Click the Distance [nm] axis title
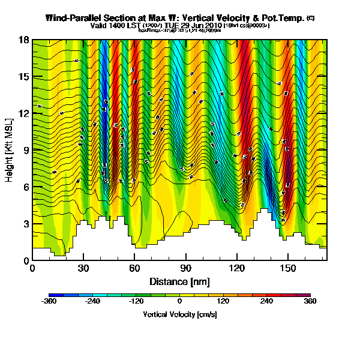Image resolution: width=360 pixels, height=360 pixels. click(179, 281)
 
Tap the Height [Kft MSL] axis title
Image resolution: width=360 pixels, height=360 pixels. click(10, 150)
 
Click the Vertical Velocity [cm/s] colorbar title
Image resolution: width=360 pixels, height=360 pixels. click(179, 314)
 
